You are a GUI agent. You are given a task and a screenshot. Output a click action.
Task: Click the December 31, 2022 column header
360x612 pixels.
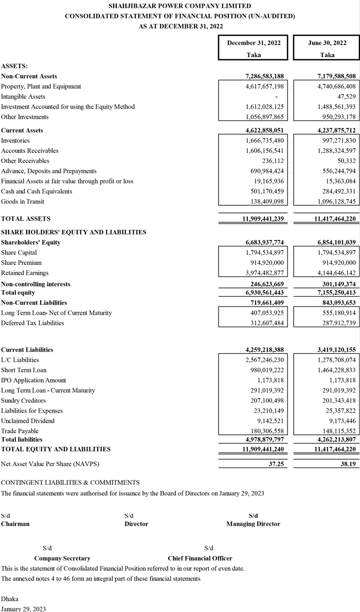pyautogui.click(x=254, y=43)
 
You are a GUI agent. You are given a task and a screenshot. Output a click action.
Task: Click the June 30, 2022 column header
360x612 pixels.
pyautogui.click(x=327, y=43)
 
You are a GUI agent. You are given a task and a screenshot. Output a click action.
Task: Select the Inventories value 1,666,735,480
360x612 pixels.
pyautogui.click(x=265, y=140)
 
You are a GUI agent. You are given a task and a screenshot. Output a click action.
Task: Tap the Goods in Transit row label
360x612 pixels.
pyautogui.click(x=23, y=202)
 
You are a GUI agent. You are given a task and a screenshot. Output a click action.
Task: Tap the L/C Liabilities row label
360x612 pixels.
pyautogui.click(x=20, y=346)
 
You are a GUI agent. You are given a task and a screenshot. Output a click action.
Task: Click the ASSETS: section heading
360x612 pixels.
pyautogui.click(x=14, y=66)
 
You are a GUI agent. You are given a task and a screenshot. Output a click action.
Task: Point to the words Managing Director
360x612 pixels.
pyautogui.click(x=253, y=524)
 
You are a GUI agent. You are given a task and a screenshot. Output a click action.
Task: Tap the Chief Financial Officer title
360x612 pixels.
pyautogui.click(x=200, y=558)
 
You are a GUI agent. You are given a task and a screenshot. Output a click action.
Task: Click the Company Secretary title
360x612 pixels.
pyautogui.click(x=62, y=558)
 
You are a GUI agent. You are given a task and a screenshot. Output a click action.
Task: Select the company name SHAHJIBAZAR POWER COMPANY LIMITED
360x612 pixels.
pyautogui.click(x=180, y=6)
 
